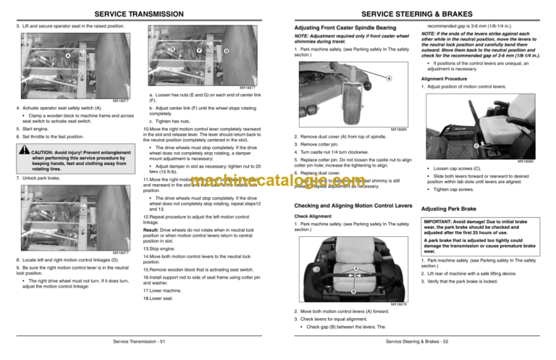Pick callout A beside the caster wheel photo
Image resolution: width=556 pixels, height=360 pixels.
coord(389,78)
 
